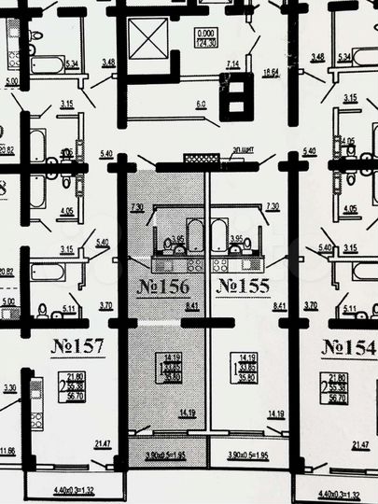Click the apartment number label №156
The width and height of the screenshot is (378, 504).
coord(164,287)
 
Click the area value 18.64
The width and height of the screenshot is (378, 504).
coord(272,72)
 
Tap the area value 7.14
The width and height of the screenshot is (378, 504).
coord(233,63)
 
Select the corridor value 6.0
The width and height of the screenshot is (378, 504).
coord(200,104)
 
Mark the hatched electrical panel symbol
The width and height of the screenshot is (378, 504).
coord(199,160)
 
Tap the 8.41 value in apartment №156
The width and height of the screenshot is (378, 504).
coord(192,305)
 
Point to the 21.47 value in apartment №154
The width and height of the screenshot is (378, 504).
coord(361,446)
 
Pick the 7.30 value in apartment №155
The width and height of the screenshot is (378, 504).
coord(272,205)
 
